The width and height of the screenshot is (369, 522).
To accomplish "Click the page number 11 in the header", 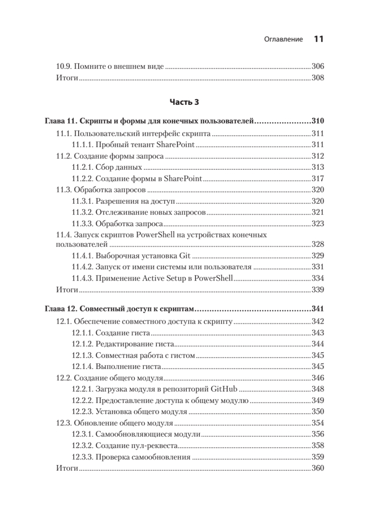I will [x=318, y=39].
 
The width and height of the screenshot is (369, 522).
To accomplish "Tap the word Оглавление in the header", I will [x=283, y=40].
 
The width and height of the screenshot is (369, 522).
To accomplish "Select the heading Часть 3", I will [x=184, y=103].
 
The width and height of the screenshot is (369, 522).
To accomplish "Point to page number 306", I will [x=318, y=67].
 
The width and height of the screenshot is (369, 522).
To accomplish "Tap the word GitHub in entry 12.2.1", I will [x=223, y=389].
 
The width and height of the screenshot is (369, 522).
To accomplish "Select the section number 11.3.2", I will [x=82, y=213].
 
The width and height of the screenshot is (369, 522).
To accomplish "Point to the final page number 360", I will [x=318, y=468].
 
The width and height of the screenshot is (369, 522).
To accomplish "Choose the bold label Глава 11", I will [x=61, y=121].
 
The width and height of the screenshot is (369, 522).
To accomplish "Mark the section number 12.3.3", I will [x=82, y=457].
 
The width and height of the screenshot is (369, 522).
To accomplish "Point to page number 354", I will [x=318, y=423].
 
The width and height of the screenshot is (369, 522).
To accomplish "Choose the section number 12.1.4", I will [x=82, y=366].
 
